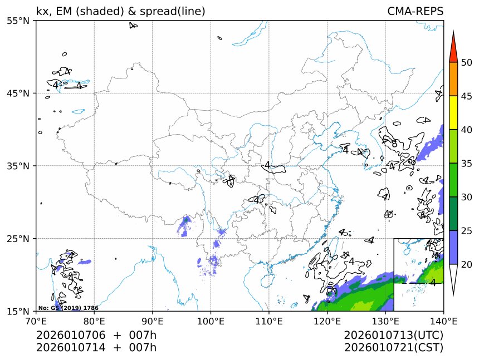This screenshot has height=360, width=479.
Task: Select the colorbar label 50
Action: (x=467, y=62)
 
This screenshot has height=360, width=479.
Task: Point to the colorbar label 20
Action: (x=467, y=264)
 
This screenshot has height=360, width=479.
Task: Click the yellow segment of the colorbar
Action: (x=453, y=112)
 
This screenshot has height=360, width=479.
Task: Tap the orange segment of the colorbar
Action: (x=453, y=79)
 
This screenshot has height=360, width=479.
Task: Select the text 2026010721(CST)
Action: (x=393, y=348)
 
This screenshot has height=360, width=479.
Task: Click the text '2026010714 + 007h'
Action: (x=96, y=348)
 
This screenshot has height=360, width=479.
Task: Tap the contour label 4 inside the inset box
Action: (x=433, y=283)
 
